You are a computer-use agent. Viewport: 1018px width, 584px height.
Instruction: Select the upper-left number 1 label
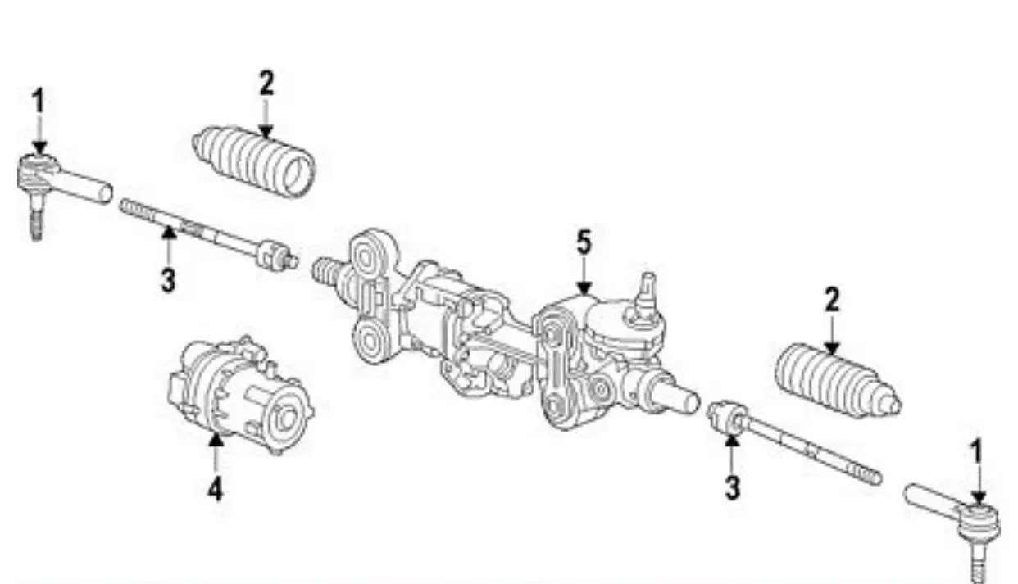pyautogui.click(x=39, y=101)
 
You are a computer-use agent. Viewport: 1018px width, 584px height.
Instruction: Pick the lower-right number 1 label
pyautogui.click(x=977, y=451)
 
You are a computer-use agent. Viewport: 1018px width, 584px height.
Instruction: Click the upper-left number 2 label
pyautogui.click(x=266, y=82)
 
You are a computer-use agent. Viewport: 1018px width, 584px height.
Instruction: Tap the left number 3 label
pyautogui.click(x=168, y=280)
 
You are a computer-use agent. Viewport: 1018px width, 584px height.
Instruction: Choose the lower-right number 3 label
pyautogui.click(x=732, y=487)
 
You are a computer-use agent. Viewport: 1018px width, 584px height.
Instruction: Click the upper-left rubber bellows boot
pyautogui.click(x=253, y=161)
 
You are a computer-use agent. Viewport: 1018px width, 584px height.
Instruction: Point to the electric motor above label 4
pyautogui.click(x=241, y=395)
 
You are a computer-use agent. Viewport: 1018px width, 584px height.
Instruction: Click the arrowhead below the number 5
pyautogui.click(x=584, y=287)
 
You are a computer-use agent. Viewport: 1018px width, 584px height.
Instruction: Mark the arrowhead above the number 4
pyautogui.click(x=216, y=440)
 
